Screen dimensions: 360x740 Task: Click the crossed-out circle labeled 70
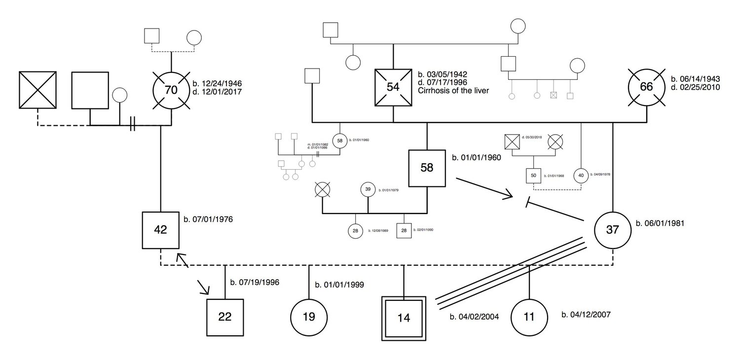pos(171,90)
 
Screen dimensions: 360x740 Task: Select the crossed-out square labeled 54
pos(393,87)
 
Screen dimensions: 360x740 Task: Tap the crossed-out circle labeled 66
pos(646,87)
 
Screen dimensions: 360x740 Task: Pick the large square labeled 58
pos(427,168)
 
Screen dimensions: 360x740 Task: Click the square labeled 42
pos(161,229)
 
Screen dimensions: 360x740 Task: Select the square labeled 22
pos(225,317)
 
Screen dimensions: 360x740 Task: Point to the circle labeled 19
pos(309,317)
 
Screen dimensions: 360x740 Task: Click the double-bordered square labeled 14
pos(404,318)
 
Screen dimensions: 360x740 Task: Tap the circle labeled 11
pos(529,317)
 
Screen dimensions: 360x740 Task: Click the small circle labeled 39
pos(368,189)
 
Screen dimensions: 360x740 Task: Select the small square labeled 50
pos(533,176)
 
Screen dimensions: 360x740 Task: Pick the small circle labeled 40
pos(581,176)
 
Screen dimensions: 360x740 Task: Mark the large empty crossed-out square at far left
pos(37,90)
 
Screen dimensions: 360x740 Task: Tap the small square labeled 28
pos(404,230)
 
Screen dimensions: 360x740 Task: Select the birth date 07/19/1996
pos(255,283)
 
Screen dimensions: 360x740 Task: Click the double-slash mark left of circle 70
pos(132,126)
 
